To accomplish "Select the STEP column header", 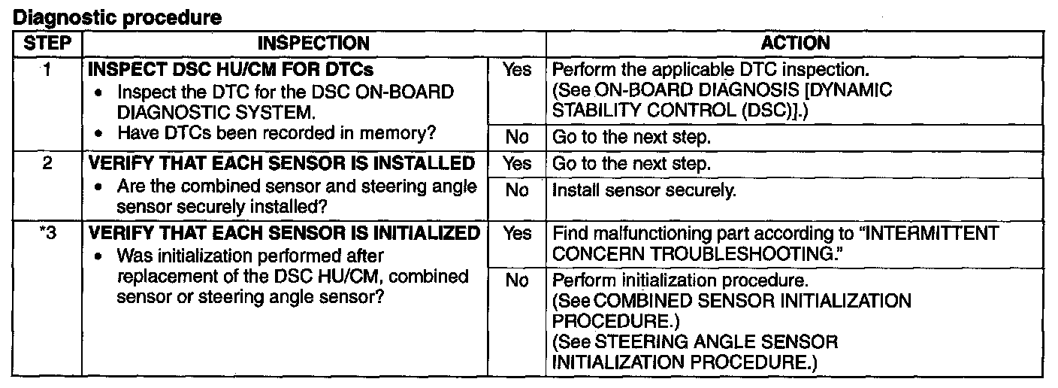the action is tap(47, 44).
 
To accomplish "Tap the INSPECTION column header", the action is tap(313, 44).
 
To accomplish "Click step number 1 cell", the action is tap(47, 70).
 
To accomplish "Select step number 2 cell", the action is tap(47, 163).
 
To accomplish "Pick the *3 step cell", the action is tap(47, 234).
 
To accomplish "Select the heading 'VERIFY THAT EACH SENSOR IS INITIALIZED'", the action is tap(284, 234).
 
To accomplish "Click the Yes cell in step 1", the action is tap(517, 70).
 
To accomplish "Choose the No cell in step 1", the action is tap(517, 138).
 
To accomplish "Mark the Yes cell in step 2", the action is tap(517, 163).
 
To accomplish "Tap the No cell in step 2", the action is tap(517, 190).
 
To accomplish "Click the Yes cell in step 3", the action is tap(517, 234).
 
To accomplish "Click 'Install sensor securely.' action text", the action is tap(643, 190).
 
